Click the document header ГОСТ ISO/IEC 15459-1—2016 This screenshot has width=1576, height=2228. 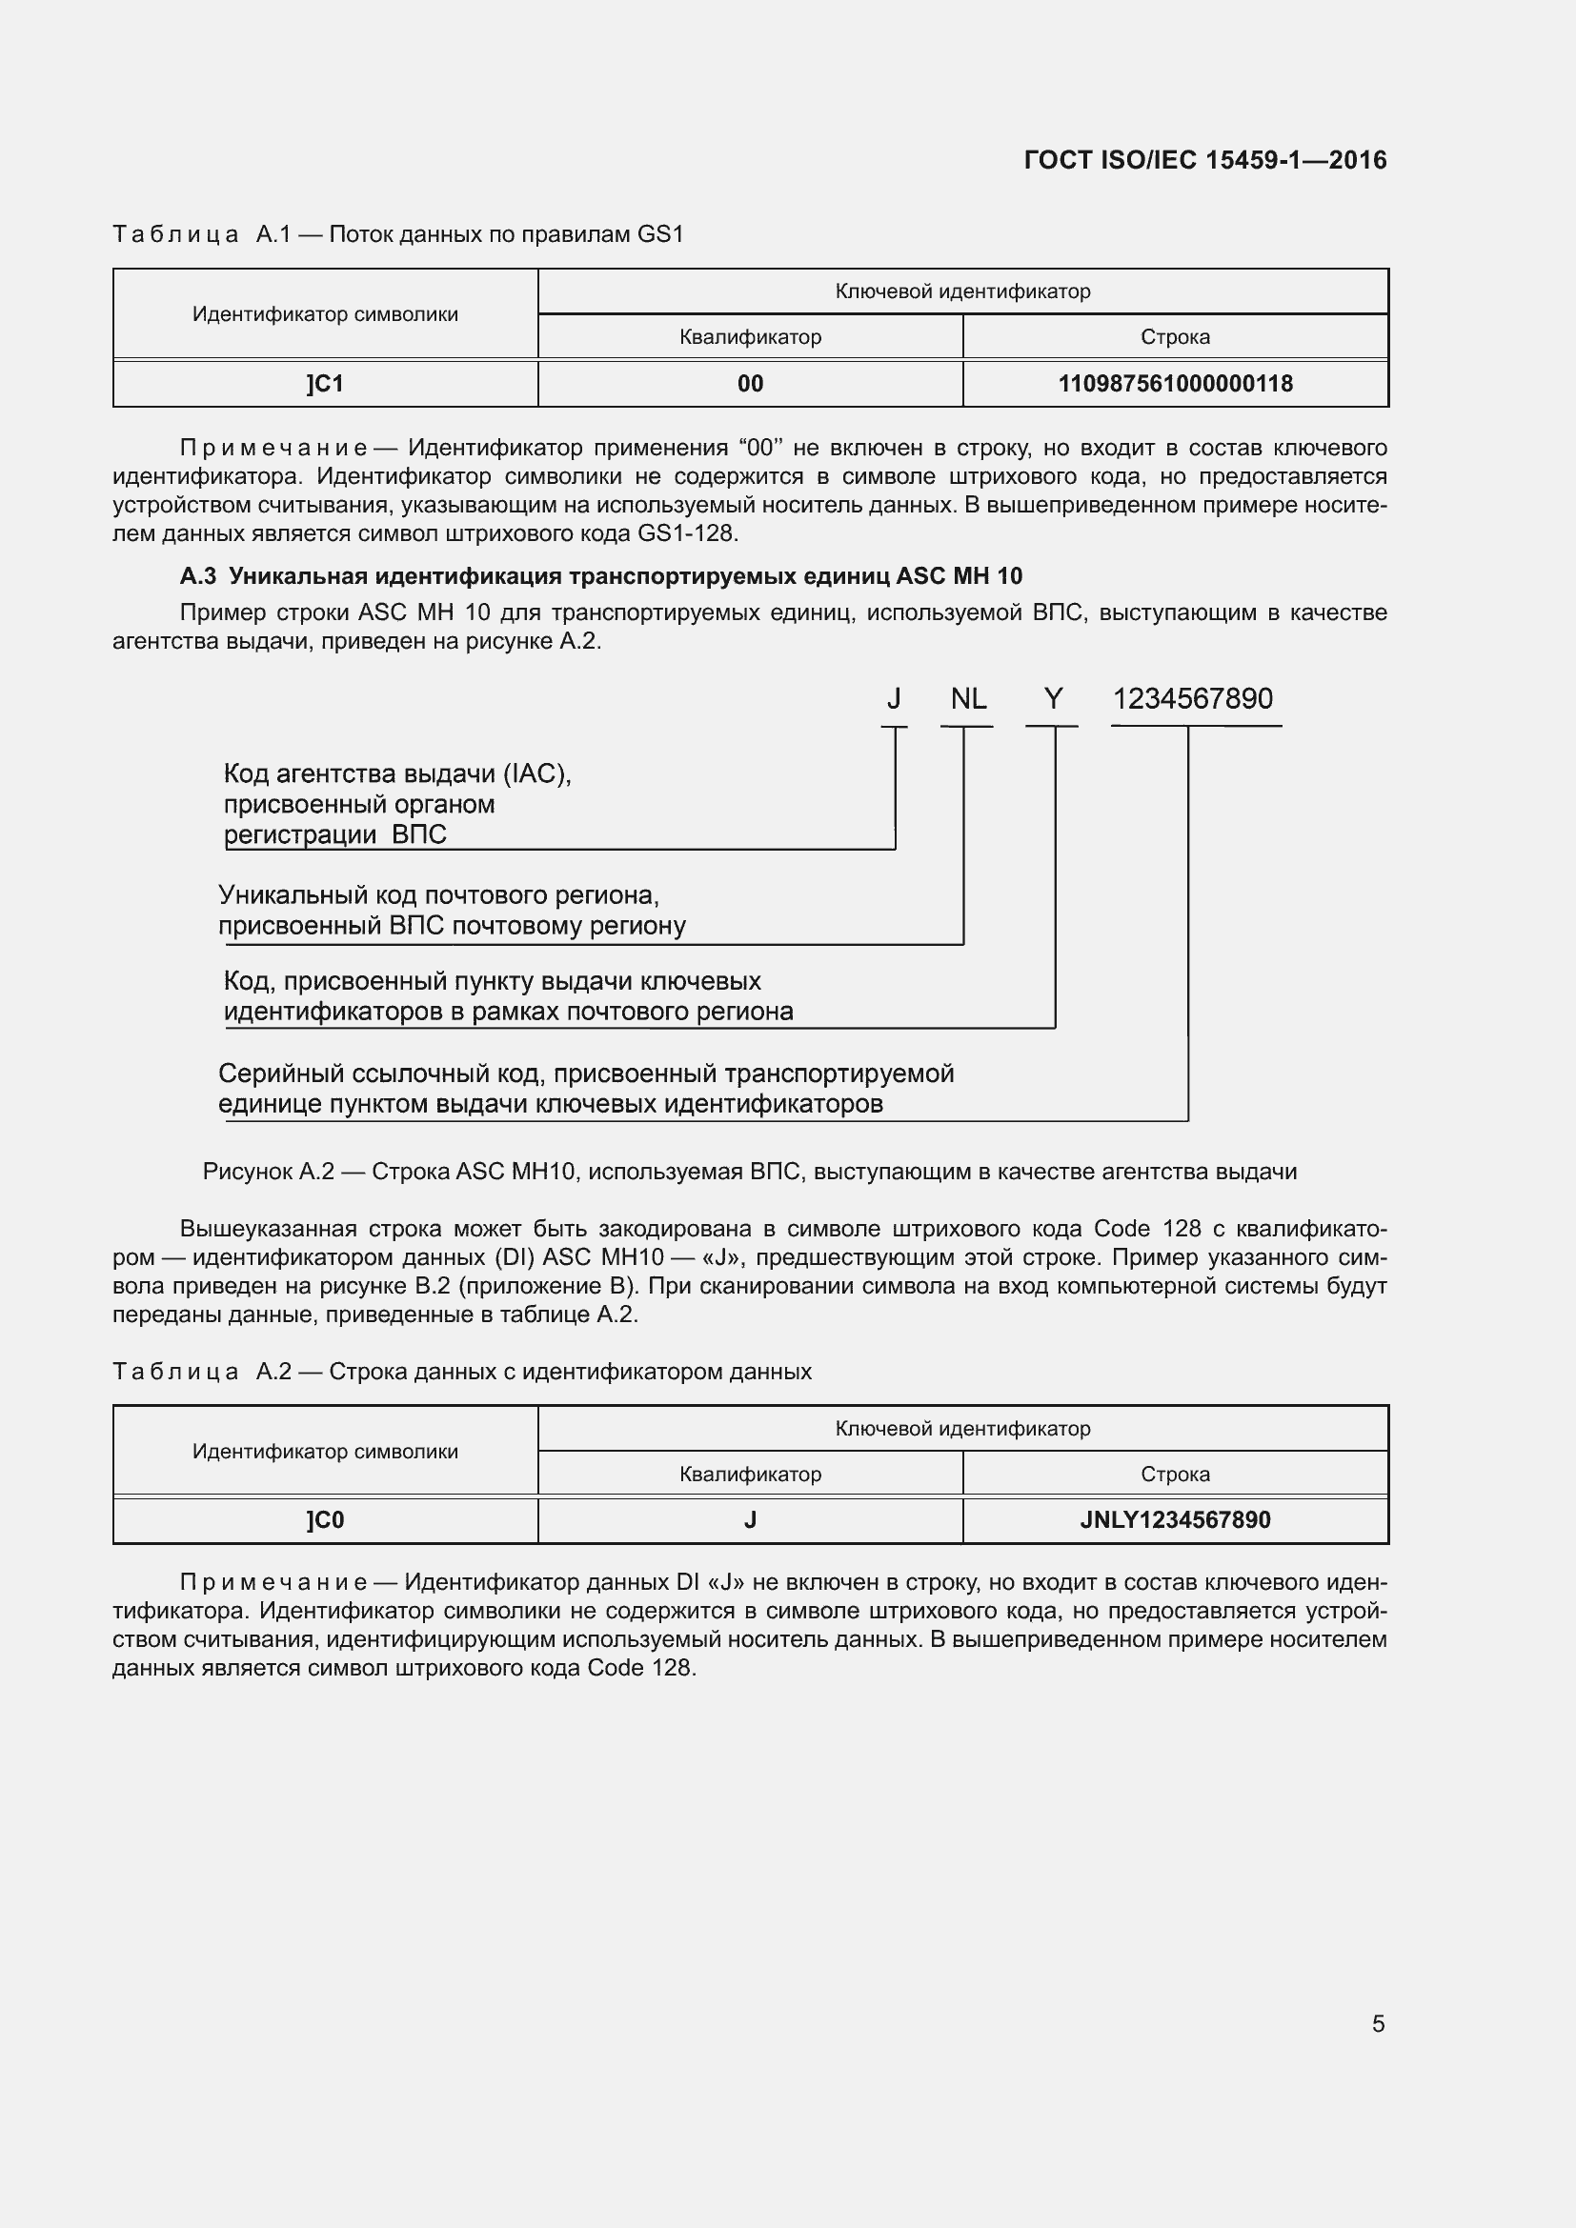(1204, 160)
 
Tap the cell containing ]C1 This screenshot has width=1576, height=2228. (325, 384)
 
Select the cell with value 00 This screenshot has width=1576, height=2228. (750, 384)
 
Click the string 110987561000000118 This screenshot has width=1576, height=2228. (1174, 384)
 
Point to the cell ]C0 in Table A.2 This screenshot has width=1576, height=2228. (325, 1520)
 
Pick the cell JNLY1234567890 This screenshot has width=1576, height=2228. (1174, 1520)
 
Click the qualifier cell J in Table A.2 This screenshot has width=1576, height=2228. (750, 1520)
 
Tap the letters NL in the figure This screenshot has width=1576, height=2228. (967, 698)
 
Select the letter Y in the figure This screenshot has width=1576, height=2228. (1053, 698)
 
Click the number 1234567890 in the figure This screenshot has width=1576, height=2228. (1192, 698)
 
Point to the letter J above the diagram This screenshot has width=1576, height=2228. (894, 698)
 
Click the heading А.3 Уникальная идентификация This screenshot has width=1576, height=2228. (600, 576)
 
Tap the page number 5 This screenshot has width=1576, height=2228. (1377, 2023)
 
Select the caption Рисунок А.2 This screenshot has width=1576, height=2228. (749, 1173)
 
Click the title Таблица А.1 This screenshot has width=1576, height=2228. (398, 235)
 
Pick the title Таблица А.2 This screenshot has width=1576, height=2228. (462, 1372)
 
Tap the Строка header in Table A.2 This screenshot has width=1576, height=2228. (1174, 1474)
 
